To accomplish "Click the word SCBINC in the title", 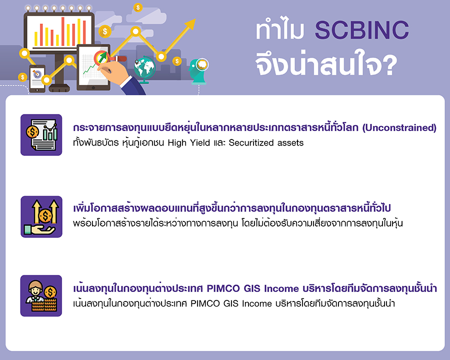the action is (361, 30).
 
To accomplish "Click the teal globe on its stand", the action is (144, 69).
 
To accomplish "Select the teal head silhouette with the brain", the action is (198, 72).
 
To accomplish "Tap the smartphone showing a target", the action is (37, 78).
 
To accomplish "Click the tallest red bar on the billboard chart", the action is (63, 31).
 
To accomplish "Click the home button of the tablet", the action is (93, 87).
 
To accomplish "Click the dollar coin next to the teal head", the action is (177, 61).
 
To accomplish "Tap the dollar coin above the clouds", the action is (138, 7).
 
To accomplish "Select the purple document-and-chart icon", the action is (41, 135).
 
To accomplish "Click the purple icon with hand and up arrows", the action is (41, 216).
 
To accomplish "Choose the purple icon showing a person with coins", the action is (41, 295).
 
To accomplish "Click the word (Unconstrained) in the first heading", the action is (399, 128).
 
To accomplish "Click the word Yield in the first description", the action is (200, 142).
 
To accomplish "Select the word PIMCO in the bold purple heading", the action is (223, 288).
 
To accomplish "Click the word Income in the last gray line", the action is (257, 303).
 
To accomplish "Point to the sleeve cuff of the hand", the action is (126, 82).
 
